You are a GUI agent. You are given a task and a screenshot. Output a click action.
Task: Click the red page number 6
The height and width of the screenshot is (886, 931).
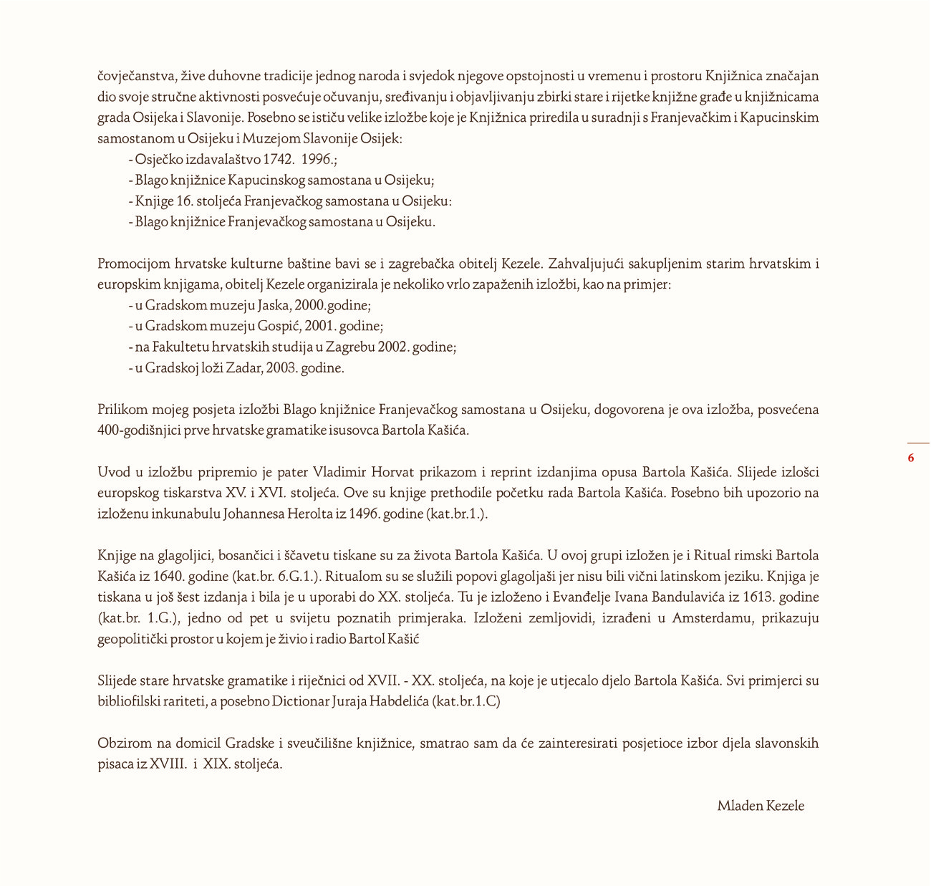coord(911,458)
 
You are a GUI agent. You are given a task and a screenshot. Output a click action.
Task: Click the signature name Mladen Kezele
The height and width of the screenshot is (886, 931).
coord(761,806)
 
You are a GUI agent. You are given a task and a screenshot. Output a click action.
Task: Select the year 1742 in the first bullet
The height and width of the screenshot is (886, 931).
coord(279,159)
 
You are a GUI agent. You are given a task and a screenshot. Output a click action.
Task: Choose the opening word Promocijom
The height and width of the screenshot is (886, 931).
coord(134,264)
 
